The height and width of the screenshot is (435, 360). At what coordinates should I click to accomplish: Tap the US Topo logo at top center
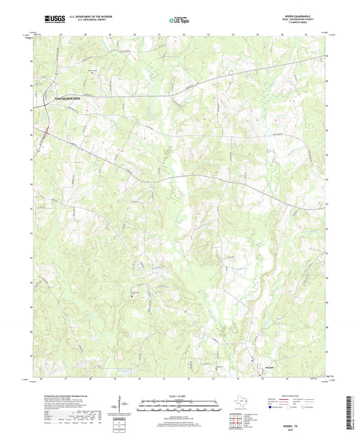[179, 21]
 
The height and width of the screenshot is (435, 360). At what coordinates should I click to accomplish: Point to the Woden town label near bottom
[269, 367]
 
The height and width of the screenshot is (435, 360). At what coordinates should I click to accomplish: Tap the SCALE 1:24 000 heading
[179, 396]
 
